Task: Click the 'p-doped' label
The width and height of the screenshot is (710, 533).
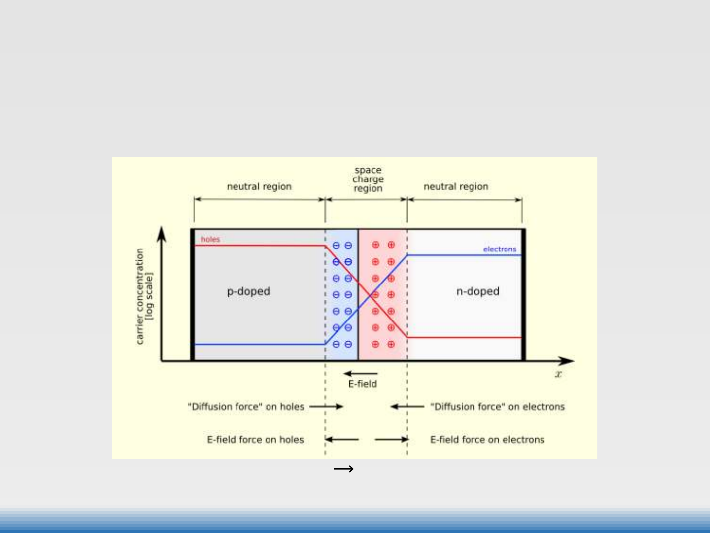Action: point(248,291)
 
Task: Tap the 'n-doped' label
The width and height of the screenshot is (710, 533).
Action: point(477,291)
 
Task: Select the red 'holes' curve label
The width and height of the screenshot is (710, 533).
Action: point(210,239)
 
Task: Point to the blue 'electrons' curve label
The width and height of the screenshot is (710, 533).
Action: point(500,249)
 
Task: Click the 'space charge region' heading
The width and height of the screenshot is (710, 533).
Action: point(368,179)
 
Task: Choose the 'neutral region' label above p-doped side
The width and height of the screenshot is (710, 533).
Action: point(259,186)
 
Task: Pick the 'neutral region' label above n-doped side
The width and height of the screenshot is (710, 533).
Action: point(456,186)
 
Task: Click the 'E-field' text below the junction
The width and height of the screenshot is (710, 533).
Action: point(363,384)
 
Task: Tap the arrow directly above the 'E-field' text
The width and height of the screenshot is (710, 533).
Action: point(361,373)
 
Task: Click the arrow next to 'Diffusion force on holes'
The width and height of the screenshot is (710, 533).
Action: point(326,406)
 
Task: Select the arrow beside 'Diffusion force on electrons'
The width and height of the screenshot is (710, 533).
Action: point(407,406)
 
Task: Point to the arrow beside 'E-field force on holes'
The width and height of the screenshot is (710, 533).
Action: point(342,439)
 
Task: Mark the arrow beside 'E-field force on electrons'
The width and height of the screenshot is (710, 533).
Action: point(391,439)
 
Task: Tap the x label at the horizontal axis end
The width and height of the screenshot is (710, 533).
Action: point(558,374)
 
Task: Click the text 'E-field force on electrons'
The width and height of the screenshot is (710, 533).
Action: point(487,439)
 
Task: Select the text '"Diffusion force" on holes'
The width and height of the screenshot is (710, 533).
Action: point(246,407)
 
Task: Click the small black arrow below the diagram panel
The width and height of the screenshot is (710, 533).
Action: point(343,469)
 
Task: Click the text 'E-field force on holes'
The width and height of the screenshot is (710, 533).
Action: point(255,439)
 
